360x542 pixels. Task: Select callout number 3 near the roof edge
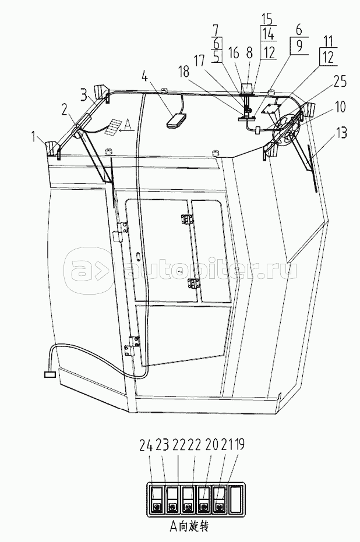point(84,95)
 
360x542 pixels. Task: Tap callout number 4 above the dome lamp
point(145,76)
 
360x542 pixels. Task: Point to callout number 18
point(185,72)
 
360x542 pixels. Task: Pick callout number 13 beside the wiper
point(340,133)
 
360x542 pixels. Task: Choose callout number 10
point(340,107)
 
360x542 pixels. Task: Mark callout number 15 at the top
point(267,19)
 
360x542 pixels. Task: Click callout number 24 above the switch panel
point(146,445)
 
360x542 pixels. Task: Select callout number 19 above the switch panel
point(239,445)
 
